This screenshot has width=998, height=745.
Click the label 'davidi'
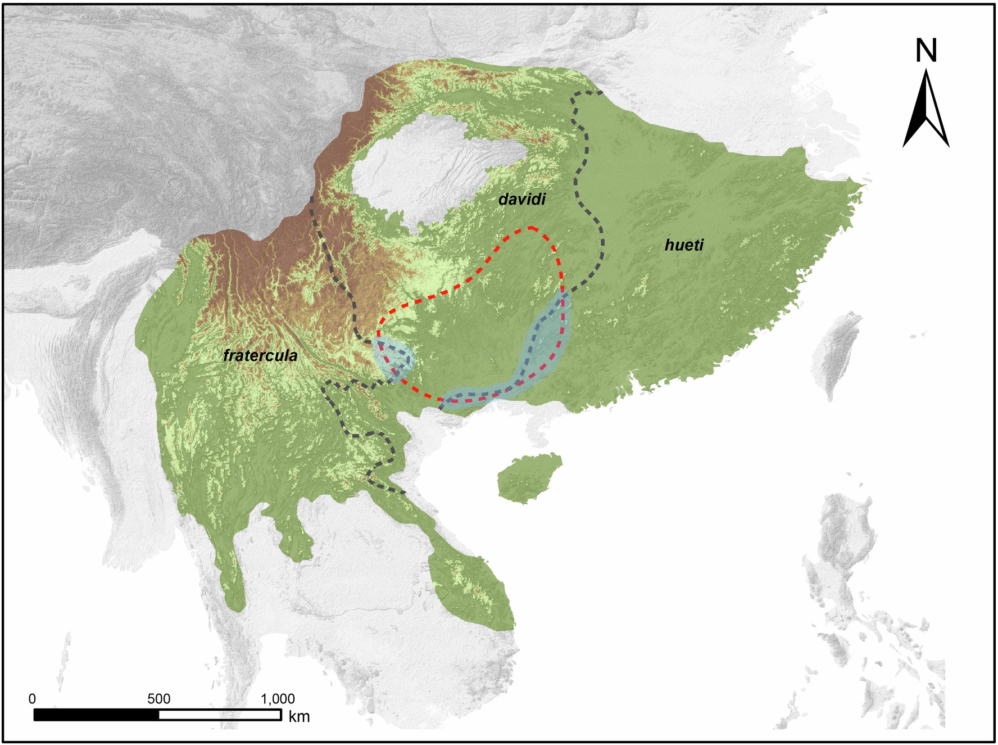522,199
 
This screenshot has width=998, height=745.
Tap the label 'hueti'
683,245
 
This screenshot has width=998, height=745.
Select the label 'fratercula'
260,355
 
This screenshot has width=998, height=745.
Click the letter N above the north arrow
926,51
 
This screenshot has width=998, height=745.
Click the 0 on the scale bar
32,699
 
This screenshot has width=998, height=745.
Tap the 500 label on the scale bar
158,699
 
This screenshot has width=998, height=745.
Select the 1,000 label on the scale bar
278,699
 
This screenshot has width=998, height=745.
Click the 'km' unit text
299,717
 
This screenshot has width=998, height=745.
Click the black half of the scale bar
96,715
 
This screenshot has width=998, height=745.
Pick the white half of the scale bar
220,715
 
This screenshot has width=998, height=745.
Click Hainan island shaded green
528,478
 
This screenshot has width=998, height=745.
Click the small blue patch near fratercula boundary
395,360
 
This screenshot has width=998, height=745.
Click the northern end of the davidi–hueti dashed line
601,92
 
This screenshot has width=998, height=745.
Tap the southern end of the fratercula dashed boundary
405,493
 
